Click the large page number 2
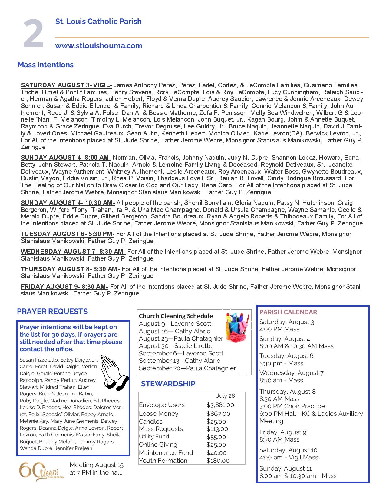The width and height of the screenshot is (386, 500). point(34,34)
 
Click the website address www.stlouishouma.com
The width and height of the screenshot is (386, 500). point(99,46)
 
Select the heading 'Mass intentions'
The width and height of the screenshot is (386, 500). point(45,65)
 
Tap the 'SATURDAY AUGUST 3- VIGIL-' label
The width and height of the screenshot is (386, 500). point(66,85)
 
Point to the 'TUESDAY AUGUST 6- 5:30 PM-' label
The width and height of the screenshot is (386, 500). point(68,234)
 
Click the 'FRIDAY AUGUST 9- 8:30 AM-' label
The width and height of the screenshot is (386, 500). point(64,287)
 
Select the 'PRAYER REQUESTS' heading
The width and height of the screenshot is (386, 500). point(52,312)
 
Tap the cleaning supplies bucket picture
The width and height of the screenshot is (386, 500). point(238,328)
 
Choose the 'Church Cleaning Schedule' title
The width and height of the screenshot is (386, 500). point(176,316)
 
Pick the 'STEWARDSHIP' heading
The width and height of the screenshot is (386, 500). point(168,384)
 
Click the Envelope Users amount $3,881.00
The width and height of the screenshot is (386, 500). point(220,405)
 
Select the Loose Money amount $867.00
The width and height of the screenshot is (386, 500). point(218,414)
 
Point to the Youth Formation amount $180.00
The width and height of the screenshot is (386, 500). point(218,461)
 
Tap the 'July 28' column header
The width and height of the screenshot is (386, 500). point(226,396)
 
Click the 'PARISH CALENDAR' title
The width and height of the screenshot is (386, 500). point(288,312)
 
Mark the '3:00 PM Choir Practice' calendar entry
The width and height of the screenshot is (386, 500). point(292,406)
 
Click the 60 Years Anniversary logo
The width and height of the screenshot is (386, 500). point(41,472)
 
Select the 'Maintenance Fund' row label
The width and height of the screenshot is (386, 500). point(166,453)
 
